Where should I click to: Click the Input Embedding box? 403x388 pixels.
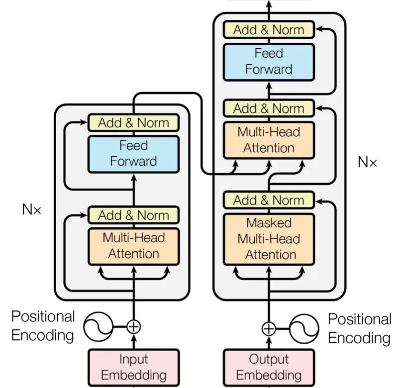(134, 368)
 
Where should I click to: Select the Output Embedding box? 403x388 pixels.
(269, 368)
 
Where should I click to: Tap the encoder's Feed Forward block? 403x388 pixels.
(134, 154)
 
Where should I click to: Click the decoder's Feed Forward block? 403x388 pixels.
(269, 62)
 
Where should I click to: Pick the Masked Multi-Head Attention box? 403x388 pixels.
(269, 239)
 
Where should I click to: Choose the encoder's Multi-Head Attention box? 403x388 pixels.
(134, 246)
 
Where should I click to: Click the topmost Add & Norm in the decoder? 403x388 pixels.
(269, 29)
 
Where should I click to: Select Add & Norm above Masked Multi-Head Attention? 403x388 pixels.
(269, 200)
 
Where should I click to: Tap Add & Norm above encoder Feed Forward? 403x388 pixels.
(134, 122)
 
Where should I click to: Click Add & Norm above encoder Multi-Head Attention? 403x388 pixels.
(134, 215)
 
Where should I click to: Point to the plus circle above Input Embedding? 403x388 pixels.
(134, 327)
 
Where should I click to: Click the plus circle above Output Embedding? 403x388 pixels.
(269, 329)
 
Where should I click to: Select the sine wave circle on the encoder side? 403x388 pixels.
(98, 327)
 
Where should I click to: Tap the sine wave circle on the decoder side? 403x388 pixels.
(304, 329)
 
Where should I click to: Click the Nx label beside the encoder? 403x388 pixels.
(32, 209)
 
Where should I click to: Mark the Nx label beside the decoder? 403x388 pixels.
(367, 162)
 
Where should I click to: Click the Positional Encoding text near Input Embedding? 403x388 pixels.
(43, 326)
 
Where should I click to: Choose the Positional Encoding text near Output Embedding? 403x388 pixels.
(360, 328)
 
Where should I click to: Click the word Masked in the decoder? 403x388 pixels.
(269, 222)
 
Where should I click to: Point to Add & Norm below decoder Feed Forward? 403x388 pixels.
(269, 108)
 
